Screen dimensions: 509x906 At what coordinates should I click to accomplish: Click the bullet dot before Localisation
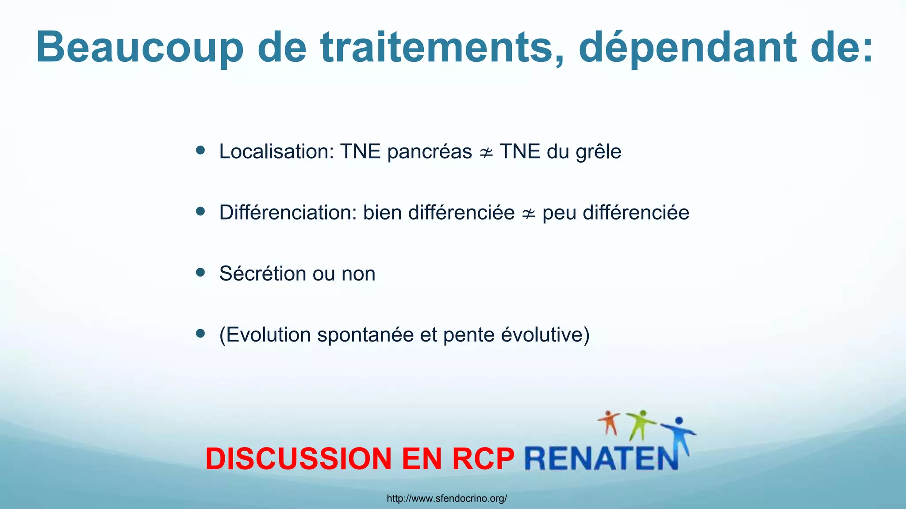coord(200,151)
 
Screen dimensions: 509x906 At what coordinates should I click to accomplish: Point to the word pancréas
coord(430,152)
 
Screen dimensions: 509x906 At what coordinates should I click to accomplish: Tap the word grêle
coord(598,152)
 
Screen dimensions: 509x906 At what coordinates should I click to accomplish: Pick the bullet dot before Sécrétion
coord(200,273)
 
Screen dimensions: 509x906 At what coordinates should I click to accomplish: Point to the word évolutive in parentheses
coord(542,334)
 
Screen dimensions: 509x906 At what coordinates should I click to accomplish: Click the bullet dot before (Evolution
coord(200,334)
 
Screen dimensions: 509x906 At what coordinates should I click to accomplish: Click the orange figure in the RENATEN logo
coord(609,422)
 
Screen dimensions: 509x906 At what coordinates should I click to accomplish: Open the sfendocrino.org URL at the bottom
coord(447,499)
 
